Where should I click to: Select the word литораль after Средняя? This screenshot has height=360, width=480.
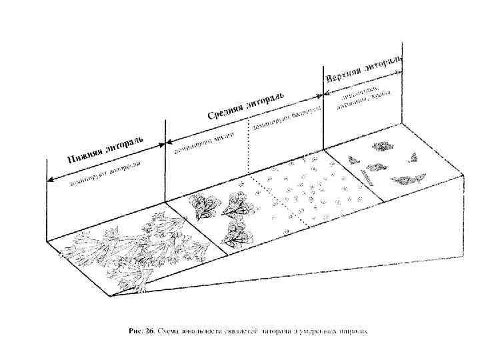point(267,97)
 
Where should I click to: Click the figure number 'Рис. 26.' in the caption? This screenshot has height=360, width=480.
point(141,331)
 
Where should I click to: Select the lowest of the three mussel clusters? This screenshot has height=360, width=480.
point(235,234)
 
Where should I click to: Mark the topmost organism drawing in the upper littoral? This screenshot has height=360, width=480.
point(383,145)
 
